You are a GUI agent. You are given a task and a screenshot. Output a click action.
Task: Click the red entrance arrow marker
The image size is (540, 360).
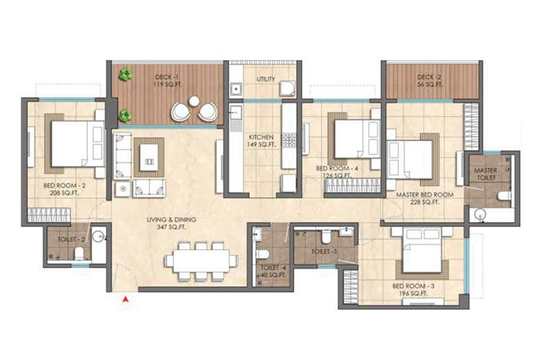coord(126,299)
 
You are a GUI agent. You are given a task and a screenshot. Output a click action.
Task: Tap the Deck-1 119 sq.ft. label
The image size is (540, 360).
coord(167,81)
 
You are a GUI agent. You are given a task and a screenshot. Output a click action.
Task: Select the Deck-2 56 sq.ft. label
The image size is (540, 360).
coord(429,81)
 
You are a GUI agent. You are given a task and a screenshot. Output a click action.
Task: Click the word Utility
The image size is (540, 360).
coord(266,79)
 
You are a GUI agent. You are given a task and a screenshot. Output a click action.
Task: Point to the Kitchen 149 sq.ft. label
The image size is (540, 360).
coord(262,141)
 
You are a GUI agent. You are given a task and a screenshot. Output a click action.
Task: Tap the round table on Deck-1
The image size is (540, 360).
coord(194,101)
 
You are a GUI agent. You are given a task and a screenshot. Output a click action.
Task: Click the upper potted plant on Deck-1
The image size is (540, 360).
coord(125,74)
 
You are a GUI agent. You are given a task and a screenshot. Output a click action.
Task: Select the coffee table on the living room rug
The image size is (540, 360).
coord(149,157)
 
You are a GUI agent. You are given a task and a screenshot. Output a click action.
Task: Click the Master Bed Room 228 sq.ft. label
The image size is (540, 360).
coord(424,198)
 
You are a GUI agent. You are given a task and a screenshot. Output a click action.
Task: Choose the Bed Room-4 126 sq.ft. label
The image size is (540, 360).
coord(337,172)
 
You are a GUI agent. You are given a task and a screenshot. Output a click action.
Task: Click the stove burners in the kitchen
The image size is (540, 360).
coord(289,141)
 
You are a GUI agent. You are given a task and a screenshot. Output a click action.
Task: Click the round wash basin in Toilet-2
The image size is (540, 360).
coord(99,236)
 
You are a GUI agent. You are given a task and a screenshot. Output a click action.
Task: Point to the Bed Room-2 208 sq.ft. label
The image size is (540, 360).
coord(64,189)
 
